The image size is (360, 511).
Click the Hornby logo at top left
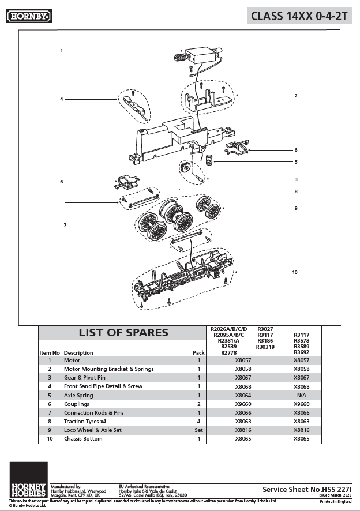click(x=29, y=16)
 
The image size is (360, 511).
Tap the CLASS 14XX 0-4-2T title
click(x=299, y=16)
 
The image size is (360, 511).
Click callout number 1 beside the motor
click(x=61, y=51)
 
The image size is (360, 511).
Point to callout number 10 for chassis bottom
click(x=294, y=272)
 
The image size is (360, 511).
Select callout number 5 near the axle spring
click(x=295, y=162)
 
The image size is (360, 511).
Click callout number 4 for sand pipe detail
click(x=61, y=99)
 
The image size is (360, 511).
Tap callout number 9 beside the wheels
click(x=295, y=208)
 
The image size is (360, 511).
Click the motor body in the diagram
click(x=200, y=55)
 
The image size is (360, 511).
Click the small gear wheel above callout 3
click(x=185, y=168)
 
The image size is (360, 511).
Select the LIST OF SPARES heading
click(x=123, y=333)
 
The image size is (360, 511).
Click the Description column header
click(x=78, y=352)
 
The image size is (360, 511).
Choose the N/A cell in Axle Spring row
click(x=301, y=395)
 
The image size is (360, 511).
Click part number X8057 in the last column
click(x=301, y=360)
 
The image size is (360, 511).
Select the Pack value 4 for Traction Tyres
click(x=198, y=422)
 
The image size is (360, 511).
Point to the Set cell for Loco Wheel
click(x=198, y=430)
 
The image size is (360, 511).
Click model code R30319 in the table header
click(x=265, y=347)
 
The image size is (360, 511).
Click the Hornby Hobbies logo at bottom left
click(x=28, y=480)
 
